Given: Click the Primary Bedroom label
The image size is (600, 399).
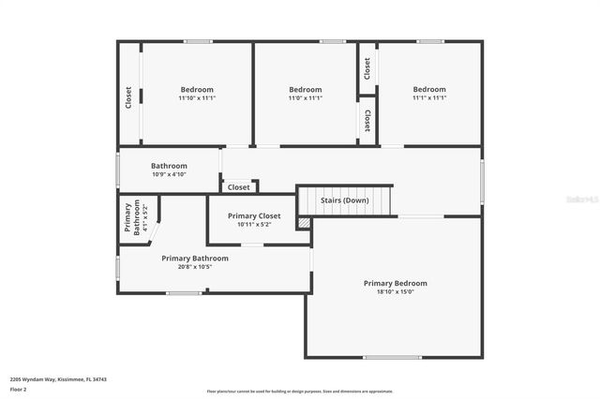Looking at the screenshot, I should pyautogui.click(x=395, y=283).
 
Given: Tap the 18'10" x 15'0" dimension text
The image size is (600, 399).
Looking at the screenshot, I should pyautogui.click(x=395, y=292).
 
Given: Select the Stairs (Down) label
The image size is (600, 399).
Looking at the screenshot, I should pyautogui.click(x=344, y=200).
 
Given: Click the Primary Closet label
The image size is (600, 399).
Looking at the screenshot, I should pyautogui.click(x=254, y=215).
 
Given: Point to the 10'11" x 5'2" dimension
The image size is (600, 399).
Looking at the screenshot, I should pyautogui.click(x=254, y=225).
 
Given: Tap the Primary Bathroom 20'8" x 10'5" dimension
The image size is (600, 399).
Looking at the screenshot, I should pyautogui.click(x=194, y=267).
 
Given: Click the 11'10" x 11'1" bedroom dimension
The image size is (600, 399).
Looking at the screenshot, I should pyautogui.click(x=197, y=97).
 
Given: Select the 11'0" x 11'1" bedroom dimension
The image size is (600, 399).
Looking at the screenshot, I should pyautogui.click(x=305, y=97).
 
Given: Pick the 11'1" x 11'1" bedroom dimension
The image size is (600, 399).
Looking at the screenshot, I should pyautogui.click(x=428, y=97).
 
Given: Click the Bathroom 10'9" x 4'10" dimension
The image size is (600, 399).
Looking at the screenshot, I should pyautogui.click(x=169, y=174).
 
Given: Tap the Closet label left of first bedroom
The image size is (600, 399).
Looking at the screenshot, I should pyautogui.click(x=128, y=97).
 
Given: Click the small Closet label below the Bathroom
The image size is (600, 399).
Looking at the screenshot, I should pyautogui.click(x=239, y=187).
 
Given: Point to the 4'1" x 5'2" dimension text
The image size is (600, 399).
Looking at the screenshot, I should pyautogui.click(x=146, y=218).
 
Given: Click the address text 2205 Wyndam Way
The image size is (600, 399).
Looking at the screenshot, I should pyautogui.click(x=58, y=379).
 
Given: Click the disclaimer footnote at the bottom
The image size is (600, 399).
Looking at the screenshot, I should pyautogui.click(x=300, y=392).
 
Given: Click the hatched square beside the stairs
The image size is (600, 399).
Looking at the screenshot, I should pyautogui.click(x=304, y=223).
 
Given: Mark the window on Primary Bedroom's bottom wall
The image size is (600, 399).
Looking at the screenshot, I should pyautogui.click(x=392, y=357).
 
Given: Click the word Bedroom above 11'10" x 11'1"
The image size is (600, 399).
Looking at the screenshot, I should pyautogui.click(x=197, y=89).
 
